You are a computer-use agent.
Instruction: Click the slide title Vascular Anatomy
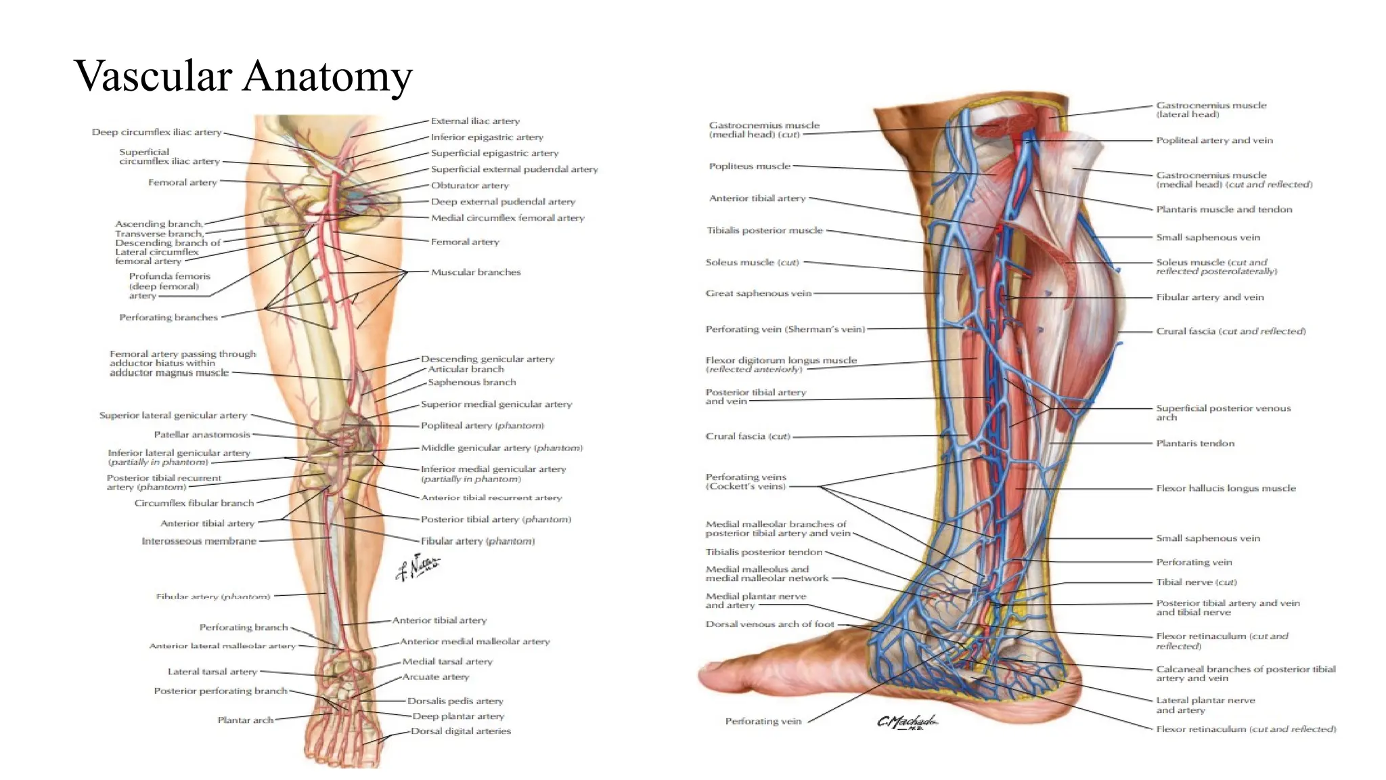tap(243, 76)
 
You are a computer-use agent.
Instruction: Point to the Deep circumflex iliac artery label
tap(157, 132)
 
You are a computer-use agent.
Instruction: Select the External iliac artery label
tap(475, 121)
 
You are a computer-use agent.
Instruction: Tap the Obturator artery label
tap(470, 186)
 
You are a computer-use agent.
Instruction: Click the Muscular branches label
tap(476, 272)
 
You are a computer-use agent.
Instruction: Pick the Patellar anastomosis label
tap(202, 435)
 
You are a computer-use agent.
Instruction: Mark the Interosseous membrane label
tap(199, 541)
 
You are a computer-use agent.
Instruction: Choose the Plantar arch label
tap(245, 720)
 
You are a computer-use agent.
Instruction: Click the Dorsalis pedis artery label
tap(455, 701)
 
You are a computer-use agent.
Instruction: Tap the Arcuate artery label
tap(435, 677)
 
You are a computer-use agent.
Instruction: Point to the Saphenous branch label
tap(472, 383)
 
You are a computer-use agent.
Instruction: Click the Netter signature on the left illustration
tap(418, 567)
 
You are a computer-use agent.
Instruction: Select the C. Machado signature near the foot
tap(907, 722)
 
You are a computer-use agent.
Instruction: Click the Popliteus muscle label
tap(749, 167)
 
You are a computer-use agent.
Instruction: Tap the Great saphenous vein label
tap(758, 294)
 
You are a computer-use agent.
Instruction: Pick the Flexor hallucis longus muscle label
tap(1226, 488)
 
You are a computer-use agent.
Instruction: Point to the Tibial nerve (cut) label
tap(1196, 582)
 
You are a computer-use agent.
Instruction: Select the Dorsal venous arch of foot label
tap(769, 624)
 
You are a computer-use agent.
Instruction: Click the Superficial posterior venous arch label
tap(1223, 412)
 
